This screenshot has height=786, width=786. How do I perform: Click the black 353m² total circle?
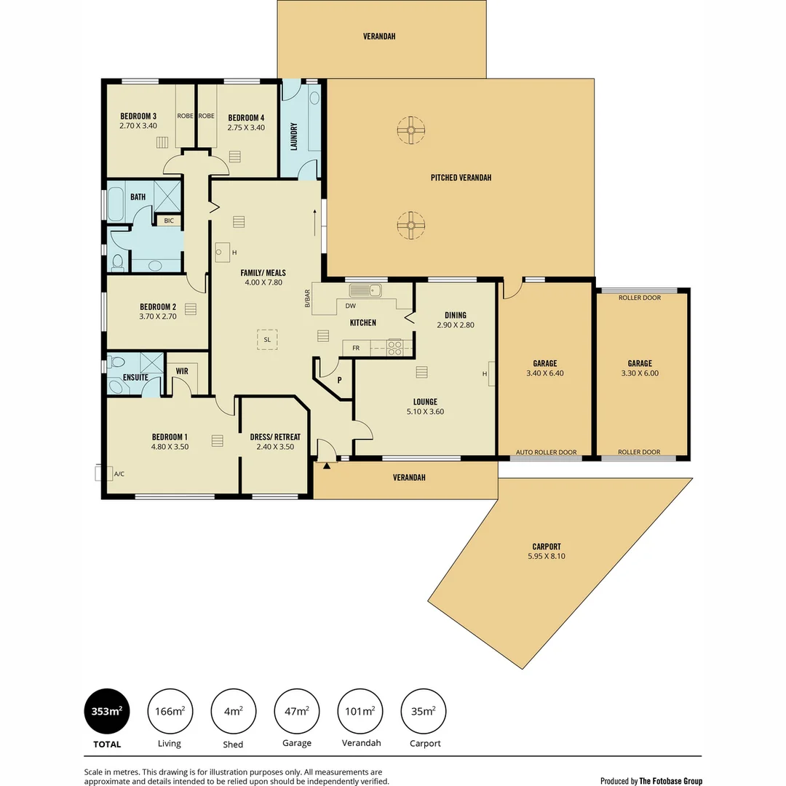[x=107, y=711]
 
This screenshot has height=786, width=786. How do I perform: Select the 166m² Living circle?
[x=170, y=711]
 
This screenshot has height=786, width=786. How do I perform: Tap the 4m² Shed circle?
[x=233, y=711]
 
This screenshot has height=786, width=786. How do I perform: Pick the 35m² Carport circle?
[x=423, y=711]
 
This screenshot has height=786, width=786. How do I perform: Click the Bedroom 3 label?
[x=138, y=116]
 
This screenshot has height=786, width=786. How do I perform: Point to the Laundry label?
[x=294, y=136]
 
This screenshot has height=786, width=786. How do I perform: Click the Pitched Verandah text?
[x=461, y=178]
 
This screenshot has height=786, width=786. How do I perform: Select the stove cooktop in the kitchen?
[x=395, y=348]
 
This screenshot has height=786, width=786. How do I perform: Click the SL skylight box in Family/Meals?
[x=267, y=340]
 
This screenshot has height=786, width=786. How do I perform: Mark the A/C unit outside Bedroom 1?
[x=100, y=474]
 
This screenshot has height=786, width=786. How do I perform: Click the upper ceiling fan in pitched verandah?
[x=410, y=130]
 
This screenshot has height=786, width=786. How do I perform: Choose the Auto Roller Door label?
[x=546, y=453]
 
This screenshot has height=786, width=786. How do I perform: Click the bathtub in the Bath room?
[x=116, y=205]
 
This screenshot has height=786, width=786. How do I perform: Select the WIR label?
[x=182, y=371]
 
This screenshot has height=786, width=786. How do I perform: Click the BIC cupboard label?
[x=169, y=221]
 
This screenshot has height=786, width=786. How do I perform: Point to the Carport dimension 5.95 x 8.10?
[x=546, y=557]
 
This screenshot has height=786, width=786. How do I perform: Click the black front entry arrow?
[x=327, y=465]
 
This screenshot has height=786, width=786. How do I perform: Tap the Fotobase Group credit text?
[x=651, y=781]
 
